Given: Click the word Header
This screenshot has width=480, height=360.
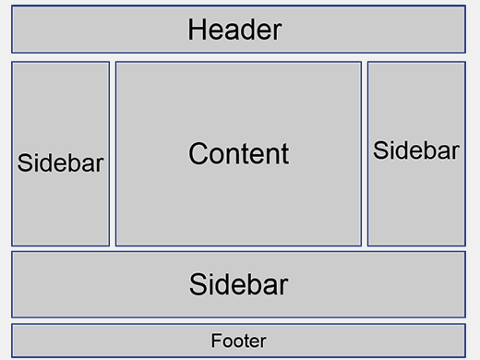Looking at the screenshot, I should coord(234,30).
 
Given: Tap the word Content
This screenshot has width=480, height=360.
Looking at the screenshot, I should coord(238,153).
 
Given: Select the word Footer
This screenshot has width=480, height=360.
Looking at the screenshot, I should coord(238,341).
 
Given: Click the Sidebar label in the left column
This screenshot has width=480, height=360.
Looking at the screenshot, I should coord(61,163).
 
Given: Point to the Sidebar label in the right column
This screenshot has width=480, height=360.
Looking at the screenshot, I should coord(416,150).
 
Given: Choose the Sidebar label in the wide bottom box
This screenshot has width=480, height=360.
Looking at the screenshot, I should coord(238,284).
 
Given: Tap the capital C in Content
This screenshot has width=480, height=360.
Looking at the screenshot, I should coord(198,153).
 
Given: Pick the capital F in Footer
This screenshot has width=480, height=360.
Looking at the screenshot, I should coord(215,341).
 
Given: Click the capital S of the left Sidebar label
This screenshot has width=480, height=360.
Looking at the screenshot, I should coord(25,163).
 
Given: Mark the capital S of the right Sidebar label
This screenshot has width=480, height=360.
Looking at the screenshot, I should coord(380,150).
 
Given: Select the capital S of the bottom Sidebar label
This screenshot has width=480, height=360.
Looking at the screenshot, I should coord(198,284).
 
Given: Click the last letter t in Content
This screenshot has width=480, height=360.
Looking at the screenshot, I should coord(284,154).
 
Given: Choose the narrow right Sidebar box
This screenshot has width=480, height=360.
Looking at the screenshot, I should coord(416,203).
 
